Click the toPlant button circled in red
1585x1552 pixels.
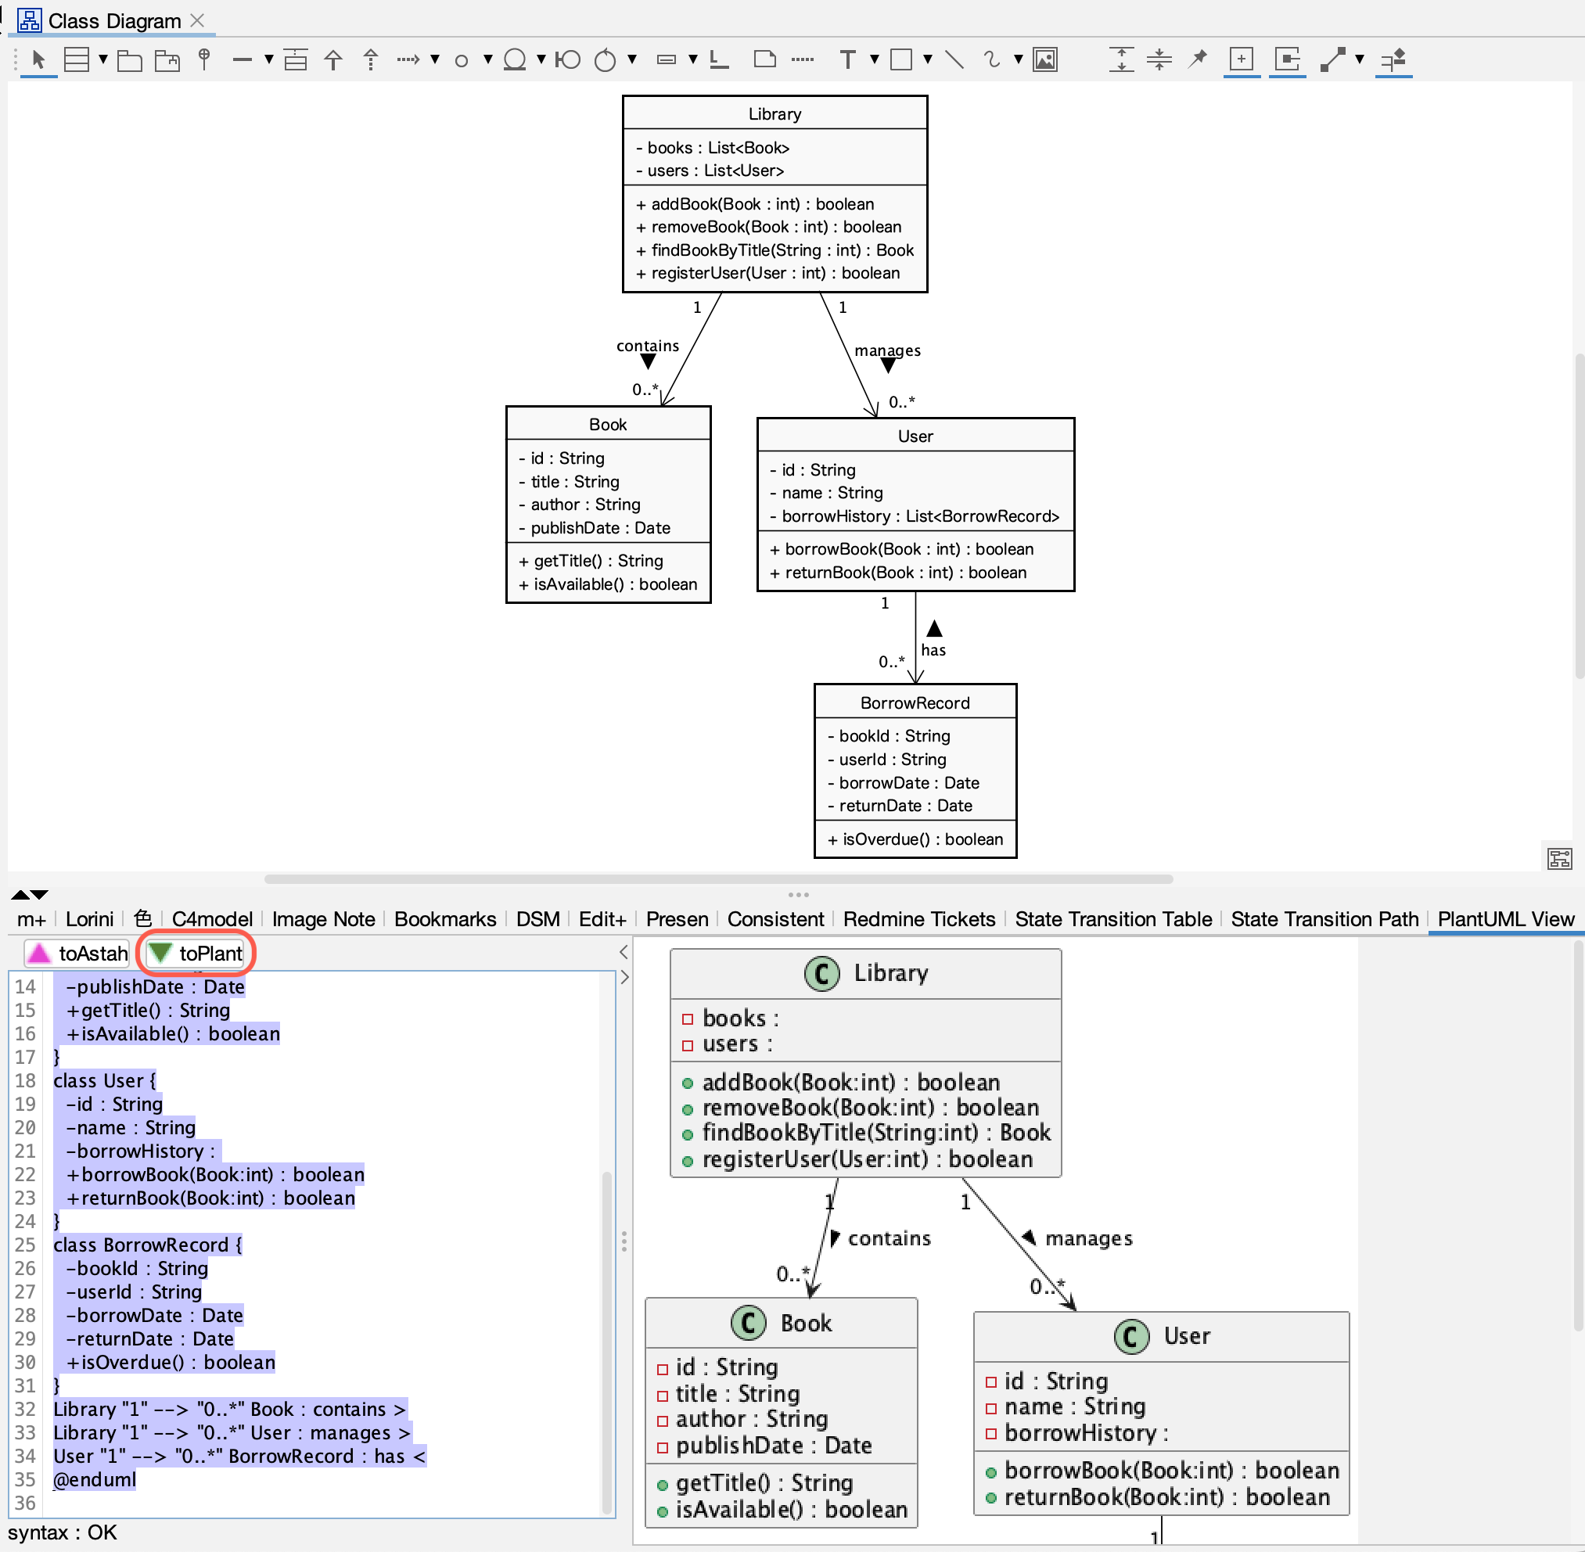[x=196, y=953]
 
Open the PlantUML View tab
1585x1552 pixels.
[x=1504, y=919]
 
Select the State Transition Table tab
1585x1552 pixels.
[x=1113, y=919]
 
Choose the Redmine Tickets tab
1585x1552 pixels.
[x=919, y=919]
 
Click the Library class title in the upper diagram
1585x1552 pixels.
[x=775, y=114]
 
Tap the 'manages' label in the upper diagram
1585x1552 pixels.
[x=887, y=350]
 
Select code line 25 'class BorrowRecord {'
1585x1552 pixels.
[x=148, y=1245]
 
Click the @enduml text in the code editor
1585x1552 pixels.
[x=95, y=1479]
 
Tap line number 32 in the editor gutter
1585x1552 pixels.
[x=25, y=1410]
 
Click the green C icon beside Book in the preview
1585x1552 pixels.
[x=748, y=1323]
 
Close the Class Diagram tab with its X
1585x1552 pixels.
[x=197, y=20]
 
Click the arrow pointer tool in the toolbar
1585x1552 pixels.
[x=38, y=59]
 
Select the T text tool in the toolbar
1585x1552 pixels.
[x=847, y=59]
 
